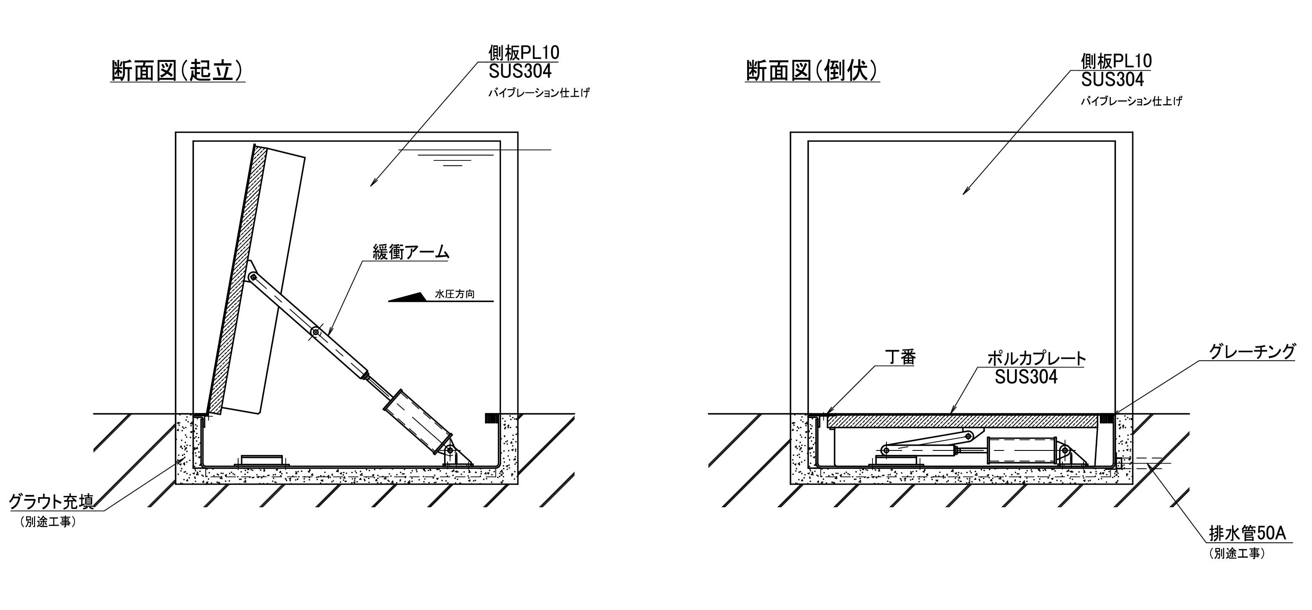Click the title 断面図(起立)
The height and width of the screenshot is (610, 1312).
(x=177, y=71)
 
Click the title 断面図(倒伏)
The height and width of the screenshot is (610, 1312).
(x=812, y=71)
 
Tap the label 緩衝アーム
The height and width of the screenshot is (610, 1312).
(x=410, y=252)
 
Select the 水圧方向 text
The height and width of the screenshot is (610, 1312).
(x=455, y=294)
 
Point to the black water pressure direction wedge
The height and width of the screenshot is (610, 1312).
(x=410, y=297)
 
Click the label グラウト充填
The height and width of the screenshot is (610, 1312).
(x=51, y=502)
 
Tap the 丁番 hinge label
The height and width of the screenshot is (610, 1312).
(x=900, y=357)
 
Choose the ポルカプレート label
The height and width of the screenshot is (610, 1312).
(x=1036, y=358)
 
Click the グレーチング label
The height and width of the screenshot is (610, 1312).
(x=1251, y=352)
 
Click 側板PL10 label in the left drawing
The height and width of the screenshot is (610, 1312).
(x=524, y=53)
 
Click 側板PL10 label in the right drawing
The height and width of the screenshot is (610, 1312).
(x=1116, y=61)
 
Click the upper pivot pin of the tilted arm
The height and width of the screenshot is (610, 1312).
(x=253, y=277)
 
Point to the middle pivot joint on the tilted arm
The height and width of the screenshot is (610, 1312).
(x=316, y=332)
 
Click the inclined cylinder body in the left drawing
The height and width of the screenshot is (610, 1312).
(x=418, y=421)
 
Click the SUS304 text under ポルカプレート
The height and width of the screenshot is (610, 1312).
(x=1026, y=377)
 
